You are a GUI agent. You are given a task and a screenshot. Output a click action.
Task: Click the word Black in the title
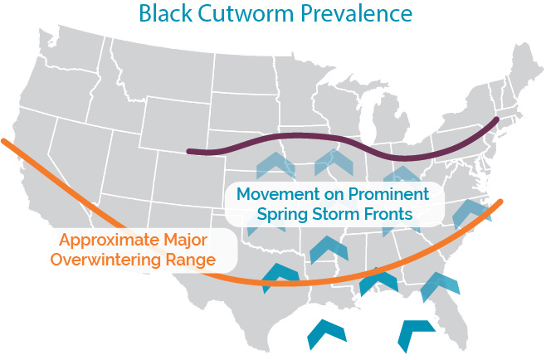[165, 13]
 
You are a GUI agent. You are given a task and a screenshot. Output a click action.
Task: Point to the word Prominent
[388, 193]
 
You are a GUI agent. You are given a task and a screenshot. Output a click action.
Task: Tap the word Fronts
[388, 213]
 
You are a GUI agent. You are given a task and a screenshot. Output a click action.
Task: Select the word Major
[186, 241]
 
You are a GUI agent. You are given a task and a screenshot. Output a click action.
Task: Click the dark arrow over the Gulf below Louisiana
[327, 333]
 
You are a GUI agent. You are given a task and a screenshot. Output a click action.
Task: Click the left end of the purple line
[189, 152]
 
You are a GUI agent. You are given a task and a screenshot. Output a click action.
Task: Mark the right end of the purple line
[496, 119]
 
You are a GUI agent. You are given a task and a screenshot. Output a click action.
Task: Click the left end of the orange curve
[3, 141]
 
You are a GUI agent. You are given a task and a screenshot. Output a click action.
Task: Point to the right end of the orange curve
[500, 202]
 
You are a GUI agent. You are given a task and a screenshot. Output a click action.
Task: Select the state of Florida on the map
[449, 314]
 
